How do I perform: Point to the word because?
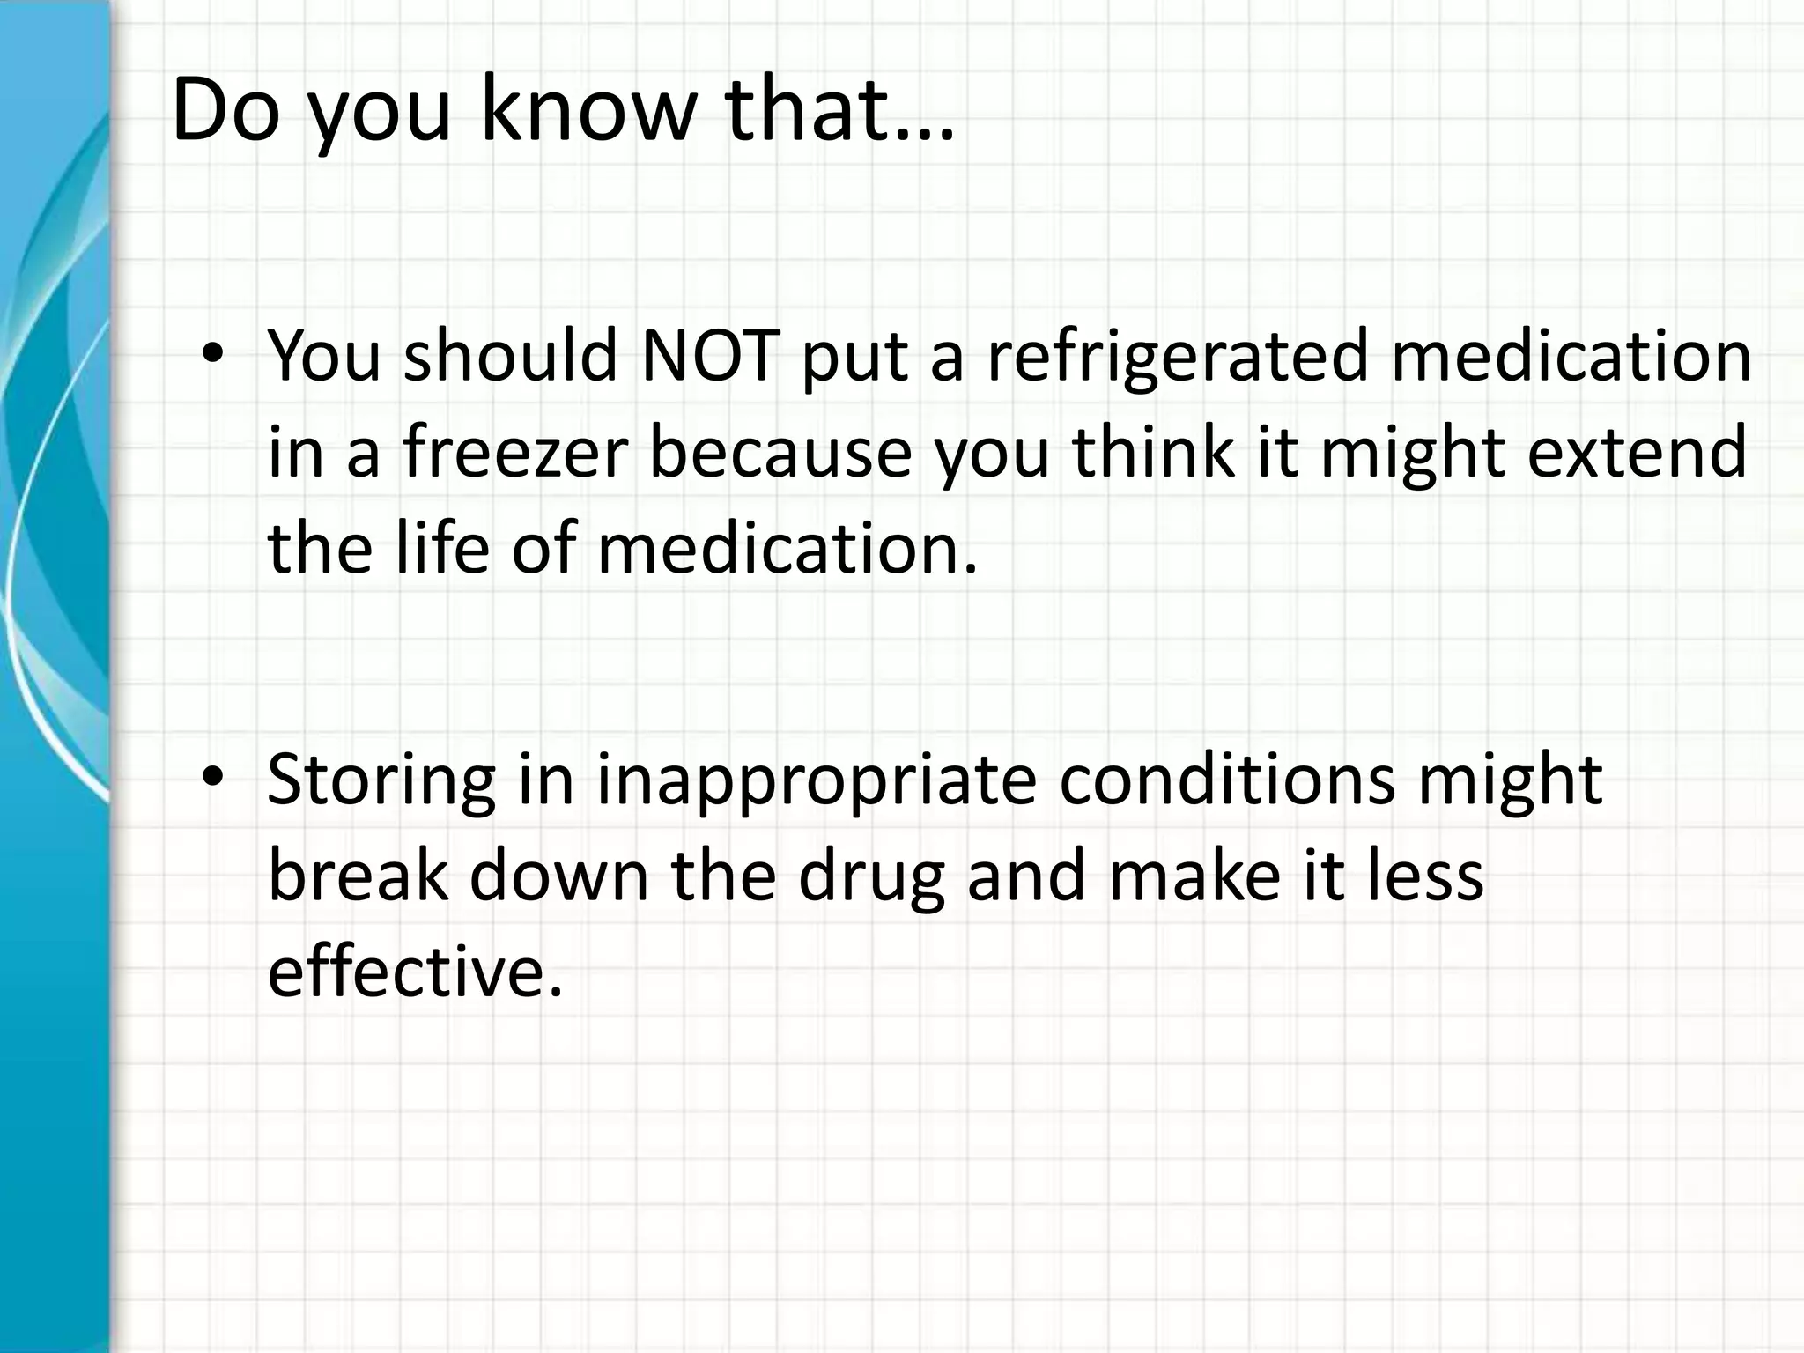(x=780, y=453)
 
